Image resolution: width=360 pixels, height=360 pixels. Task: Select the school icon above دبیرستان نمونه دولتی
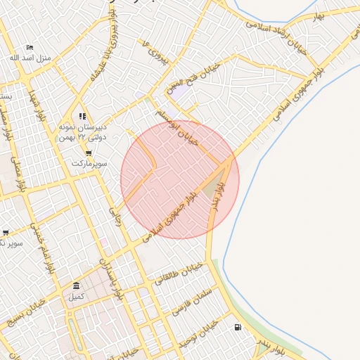point(82,117)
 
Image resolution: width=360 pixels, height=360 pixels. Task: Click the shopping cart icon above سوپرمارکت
point(88,153)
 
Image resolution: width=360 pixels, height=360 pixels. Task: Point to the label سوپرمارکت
point(88,163)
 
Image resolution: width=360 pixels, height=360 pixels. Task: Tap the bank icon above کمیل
point(76,285)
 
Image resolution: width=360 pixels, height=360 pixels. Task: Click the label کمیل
point(76,296)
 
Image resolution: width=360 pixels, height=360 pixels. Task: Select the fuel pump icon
point(237,326)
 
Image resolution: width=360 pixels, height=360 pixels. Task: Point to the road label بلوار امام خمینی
point(42,247)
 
